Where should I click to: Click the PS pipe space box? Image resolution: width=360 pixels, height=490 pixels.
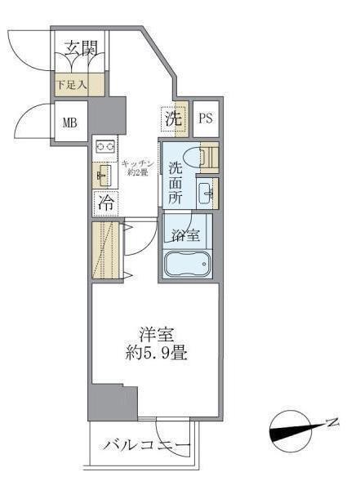pyautogui.click(x=206, y=118)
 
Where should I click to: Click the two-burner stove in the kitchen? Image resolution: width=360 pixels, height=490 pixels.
pyautogui.click(x=105, y=147)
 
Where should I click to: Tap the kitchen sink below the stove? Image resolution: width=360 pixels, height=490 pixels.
pyautogui.click(x=104, y=174)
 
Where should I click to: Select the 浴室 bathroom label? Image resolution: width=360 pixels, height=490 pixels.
pyautogui.click(x=186, y=237)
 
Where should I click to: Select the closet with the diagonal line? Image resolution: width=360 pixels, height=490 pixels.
pyautogui.click(x=106, y=251)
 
